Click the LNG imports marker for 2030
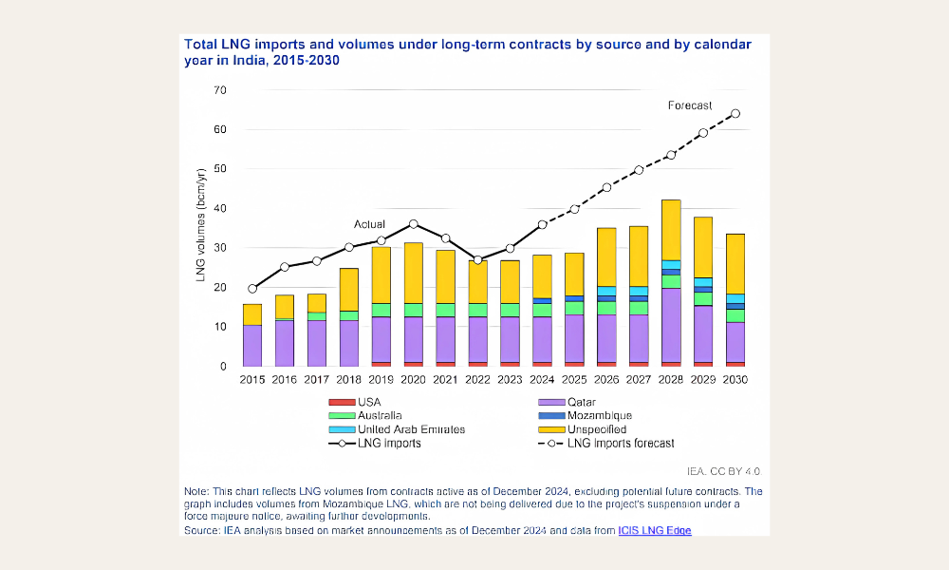(735, 114)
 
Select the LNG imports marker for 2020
(413, 224)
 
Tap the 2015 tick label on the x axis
(252, 379)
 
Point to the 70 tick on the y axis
(220, 90)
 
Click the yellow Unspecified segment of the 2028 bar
(671, 230)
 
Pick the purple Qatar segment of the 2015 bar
(252, 345)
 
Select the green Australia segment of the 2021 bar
(445, 310)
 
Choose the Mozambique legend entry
(600, 415)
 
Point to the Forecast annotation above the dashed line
(690, 105)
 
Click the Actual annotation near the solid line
(369, 224)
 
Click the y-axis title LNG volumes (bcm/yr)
(201, 225)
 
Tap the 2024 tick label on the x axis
(542, 379)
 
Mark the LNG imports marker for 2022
(477, 260)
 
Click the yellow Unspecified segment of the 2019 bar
(381, 275)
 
